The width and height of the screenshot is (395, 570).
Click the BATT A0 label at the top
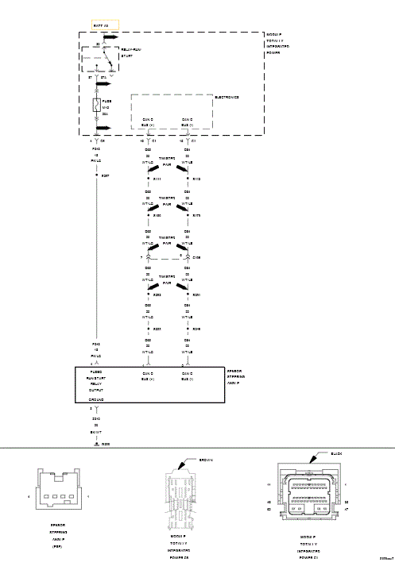[x=101, y=26]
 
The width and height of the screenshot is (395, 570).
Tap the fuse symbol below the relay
[x=96, y=105]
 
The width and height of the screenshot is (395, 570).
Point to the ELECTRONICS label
[x=227, y=97]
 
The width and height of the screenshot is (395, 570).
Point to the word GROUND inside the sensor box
[x=97, y=399]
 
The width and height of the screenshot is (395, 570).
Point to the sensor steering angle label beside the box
[x=235, y=376]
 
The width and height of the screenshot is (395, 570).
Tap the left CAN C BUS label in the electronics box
[x=148, y=122]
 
